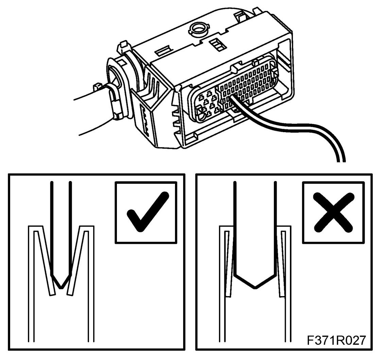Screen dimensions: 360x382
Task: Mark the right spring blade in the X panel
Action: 280,262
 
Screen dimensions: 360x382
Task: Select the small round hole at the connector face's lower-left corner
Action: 202,116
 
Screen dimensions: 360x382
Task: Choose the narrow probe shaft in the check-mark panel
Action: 60,228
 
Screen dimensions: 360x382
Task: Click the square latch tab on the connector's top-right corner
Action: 243,15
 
